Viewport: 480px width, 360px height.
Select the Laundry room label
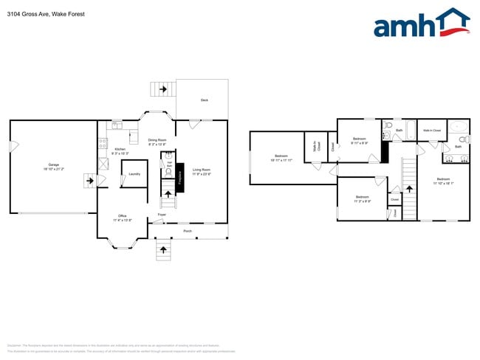tap(134, 174)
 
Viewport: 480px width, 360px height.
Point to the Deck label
tap(204, 100)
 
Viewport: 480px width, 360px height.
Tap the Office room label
tap(122, 217)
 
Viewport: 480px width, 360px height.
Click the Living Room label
tap(202, 171)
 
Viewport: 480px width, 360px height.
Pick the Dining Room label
tap(157, 141)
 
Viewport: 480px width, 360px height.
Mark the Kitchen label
tap(120, 150)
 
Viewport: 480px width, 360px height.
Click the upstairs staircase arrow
tap(409, 190)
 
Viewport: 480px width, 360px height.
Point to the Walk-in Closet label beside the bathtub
tap(432, 131)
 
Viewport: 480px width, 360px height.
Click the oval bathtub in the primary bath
tap(458, 125)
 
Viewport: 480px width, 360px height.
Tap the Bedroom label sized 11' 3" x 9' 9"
tap(362, 198)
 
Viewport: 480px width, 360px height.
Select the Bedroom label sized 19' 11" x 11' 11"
tap(281, 157)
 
